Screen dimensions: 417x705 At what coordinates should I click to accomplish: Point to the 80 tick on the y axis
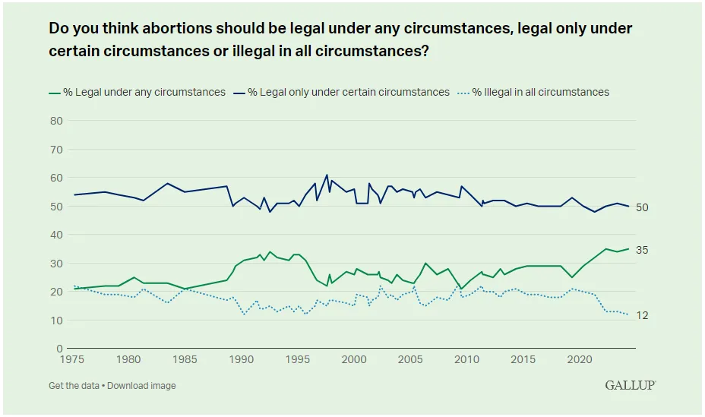point(55,121)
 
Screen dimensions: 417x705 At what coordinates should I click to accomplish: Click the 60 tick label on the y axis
point(55,178)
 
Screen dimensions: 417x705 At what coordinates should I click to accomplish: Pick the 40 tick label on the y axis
point(55,235)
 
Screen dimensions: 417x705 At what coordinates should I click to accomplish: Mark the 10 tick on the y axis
point(55,321)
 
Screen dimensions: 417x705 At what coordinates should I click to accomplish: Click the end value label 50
point(640,207)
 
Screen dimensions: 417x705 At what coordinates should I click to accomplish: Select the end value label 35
point(640,250)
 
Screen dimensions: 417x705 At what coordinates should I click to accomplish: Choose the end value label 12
point(640,315)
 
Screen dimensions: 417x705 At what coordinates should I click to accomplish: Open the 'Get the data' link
point(74,386)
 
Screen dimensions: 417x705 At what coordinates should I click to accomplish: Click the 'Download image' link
point(141,386)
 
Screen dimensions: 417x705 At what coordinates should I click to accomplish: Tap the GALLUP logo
point(630,385)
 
